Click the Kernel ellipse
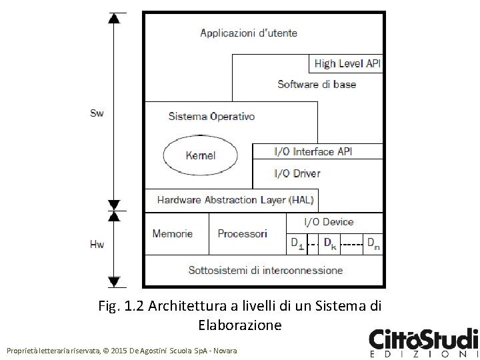(x=200, y=155)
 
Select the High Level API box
(x=347, y=63)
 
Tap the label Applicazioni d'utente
(x=249, y=33)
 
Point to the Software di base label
(x=317, y=84)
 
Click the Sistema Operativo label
(x=211, y=117)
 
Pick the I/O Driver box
(x=297, y=173)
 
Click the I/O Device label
(x=329, y=221)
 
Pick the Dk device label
(x=330, y=243)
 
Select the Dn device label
(x=373, y=243)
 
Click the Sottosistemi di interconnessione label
(x=265, y=270)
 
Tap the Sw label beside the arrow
(x=97, y=113)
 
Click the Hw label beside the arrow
(x=97, y=245)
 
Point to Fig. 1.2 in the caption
(x=121, y=308)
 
